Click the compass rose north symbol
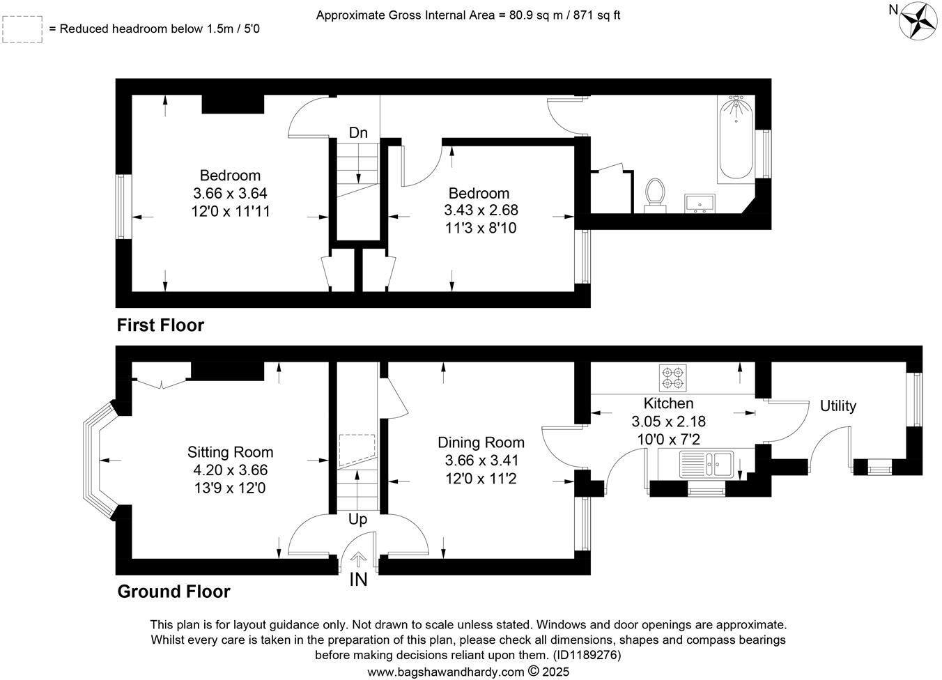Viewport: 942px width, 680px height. coord(918,20)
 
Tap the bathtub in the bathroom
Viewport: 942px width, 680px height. coord(736,139)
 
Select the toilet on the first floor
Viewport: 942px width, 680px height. coord(654,193)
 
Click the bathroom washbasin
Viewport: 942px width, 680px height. coord(700,203)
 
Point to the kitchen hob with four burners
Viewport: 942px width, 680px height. coord(672,377)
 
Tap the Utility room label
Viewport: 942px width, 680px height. coord(837,405)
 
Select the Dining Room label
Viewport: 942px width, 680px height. coord(481,442)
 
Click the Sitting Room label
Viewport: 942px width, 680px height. coord(230,452)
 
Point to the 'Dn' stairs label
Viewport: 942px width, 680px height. coord(358,132)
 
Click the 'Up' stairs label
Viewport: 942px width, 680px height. coord(357,519)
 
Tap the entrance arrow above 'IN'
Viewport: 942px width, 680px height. coord(358,559)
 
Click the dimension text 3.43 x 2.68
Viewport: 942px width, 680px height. coord(481,210)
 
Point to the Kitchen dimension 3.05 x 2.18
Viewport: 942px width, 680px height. coord(668,421)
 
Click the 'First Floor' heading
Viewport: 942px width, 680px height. coord(160,325)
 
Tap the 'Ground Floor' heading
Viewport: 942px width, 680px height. coord(173,592)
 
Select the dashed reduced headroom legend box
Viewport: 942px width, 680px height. coord(22,29)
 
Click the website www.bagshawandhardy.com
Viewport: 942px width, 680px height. coord(445,672)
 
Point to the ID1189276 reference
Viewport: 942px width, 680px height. coord(586,655)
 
